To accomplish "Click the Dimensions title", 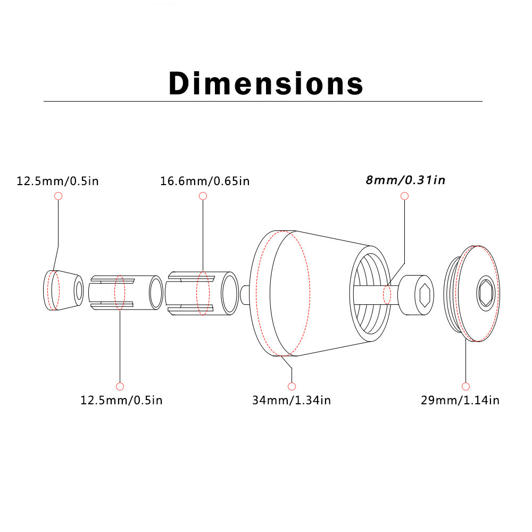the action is pyautogui.click(x=266, y=83).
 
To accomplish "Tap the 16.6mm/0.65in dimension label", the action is pyautogui.click(x=205, y=181).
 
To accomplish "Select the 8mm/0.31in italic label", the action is pyautogui.click(x=405, y=180).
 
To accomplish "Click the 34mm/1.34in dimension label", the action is pyautogui.click(x=292, y=400).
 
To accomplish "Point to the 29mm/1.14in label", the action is pyautogui.click(x=460, y=400).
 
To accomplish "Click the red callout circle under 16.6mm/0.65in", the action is pyautogui.click(x=203, y=196).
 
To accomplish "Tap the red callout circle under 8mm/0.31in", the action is pyautogui.click(x=404, y=196).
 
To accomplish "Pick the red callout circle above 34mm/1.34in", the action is pyautogui.click(x=292, y=386).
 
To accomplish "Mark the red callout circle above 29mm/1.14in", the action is pyautogui.click(x=465, y=386).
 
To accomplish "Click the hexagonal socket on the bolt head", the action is pyautogui.click(x=425, y=295).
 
